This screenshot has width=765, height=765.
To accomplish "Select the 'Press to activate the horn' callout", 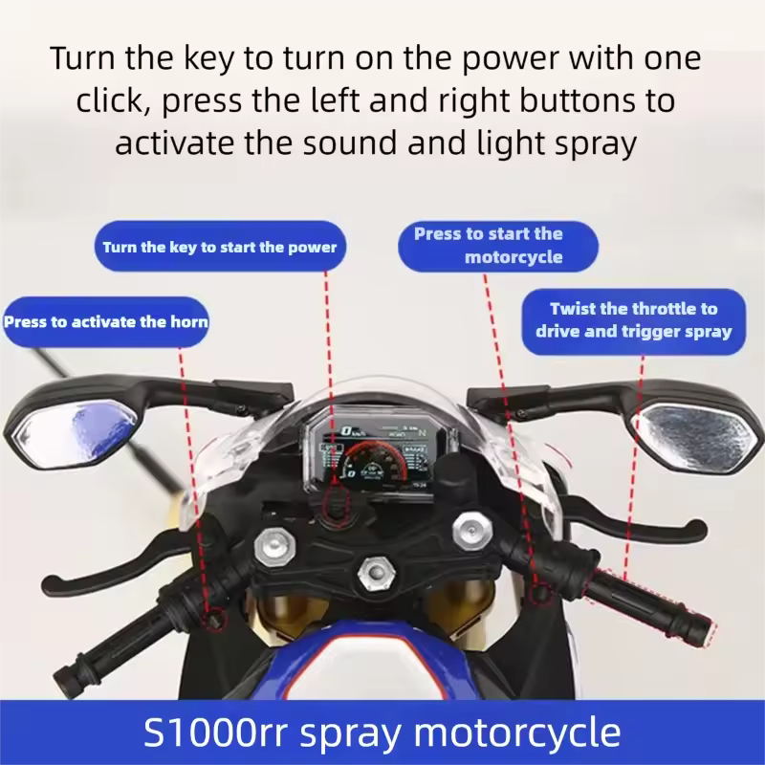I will click(105, 322).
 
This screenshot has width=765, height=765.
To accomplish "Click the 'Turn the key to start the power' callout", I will click(220, 248).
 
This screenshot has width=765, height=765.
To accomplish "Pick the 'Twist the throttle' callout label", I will click(633, 320).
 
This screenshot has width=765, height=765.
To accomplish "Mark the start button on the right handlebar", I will click(541, 593).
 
